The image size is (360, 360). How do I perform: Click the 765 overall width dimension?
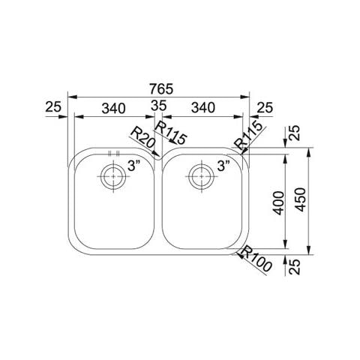[x=161, y=88]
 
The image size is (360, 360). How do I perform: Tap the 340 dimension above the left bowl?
[x=114, y=108]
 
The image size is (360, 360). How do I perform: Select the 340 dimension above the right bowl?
[x=203, y=108]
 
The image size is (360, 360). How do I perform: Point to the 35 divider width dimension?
[x=159, y=106]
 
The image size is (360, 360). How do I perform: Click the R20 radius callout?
[x=142, y=138]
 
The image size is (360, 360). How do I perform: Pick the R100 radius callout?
[x=256, y=259]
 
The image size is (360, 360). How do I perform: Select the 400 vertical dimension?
[x=279, y=203]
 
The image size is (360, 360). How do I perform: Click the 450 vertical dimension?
[x=300, y=199]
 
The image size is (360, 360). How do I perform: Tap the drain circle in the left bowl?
[x=113, y=176]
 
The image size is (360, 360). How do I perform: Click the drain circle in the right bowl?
[x=202, y=176]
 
